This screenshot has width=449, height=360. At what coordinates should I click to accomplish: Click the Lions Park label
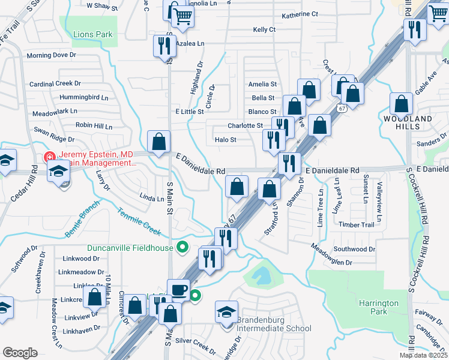click(x=92, y=34)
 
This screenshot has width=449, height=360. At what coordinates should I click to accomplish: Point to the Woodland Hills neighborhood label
click(x=408, y=122)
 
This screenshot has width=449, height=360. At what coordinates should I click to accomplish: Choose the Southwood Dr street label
click(x=354, y=249)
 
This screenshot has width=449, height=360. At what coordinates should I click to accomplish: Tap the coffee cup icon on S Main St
click(x=178, y=289)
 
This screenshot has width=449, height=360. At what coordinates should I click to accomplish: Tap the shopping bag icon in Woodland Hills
click(x=400, y=104)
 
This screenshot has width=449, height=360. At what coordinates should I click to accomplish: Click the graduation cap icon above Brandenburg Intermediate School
click(x=226, y=311)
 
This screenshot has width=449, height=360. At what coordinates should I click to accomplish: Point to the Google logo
click(x=20, y=353)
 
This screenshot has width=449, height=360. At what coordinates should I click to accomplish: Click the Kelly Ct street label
click(x=264, y=29)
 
